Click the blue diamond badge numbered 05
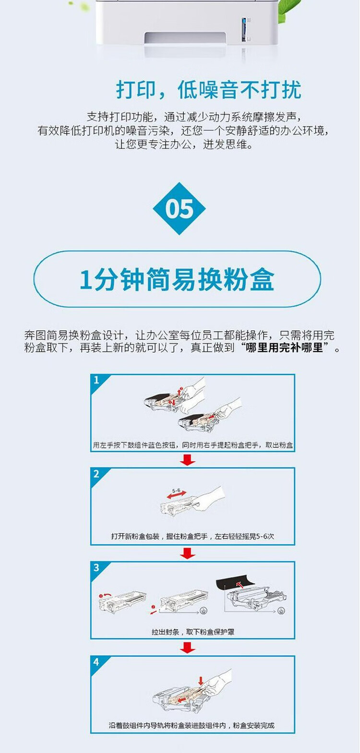pyautogui.click(x=179, y=209)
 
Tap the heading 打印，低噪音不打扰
pyautogui.click(x=209, y=90)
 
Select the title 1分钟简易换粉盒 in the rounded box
pyautogui.click(x=177, y=279)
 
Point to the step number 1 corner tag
pyautogui.click(x=96, y=381)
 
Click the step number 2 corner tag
pyautogui.click(x=96, y=474)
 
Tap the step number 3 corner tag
pyautogui.click(x=96, y=568)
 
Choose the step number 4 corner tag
pyautogui.click(x=96, y=662)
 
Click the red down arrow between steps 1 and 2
pyautogui.click(x=188, y=460)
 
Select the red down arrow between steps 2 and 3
pyautogui.click(x=188, y=553)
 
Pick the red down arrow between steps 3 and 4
pyautogui.click(x=188, y=647)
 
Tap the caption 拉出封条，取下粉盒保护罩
pyautogui.click(x=193, y=632)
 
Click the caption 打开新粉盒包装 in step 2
pyautogui.click(x=135, y=537)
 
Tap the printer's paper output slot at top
pyautogui.click(x=185, y=38)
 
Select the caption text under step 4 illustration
pyautogui.click(x=192, y=726)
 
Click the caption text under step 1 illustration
pyautogui.click(x=192, y=445)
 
